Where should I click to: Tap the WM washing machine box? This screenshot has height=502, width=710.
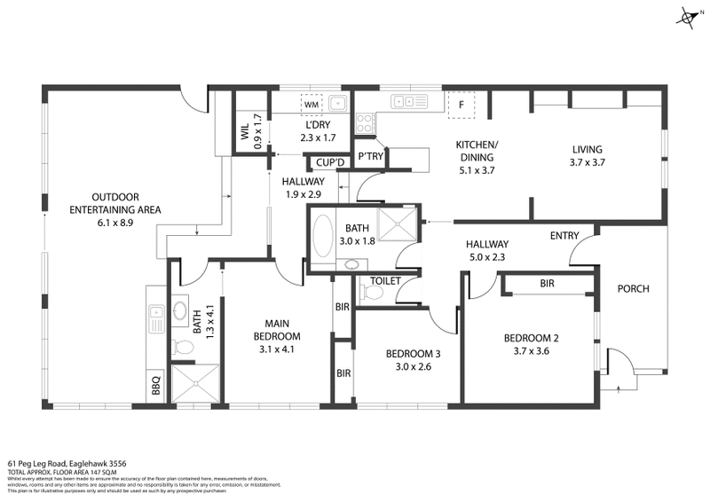[312, 105]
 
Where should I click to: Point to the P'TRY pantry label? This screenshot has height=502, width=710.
[369, 157]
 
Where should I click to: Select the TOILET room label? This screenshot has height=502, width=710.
[384, 281]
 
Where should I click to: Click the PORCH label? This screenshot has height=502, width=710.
[634, 288]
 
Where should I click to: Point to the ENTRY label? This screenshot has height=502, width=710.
[564, 235]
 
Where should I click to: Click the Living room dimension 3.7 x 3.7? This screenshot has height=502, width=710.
[587, 162]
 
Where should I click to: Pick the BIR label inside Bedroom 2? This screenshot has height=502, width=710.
[548, 284]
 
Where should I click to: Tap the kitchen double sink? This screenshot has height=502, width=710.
[411, 101]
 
